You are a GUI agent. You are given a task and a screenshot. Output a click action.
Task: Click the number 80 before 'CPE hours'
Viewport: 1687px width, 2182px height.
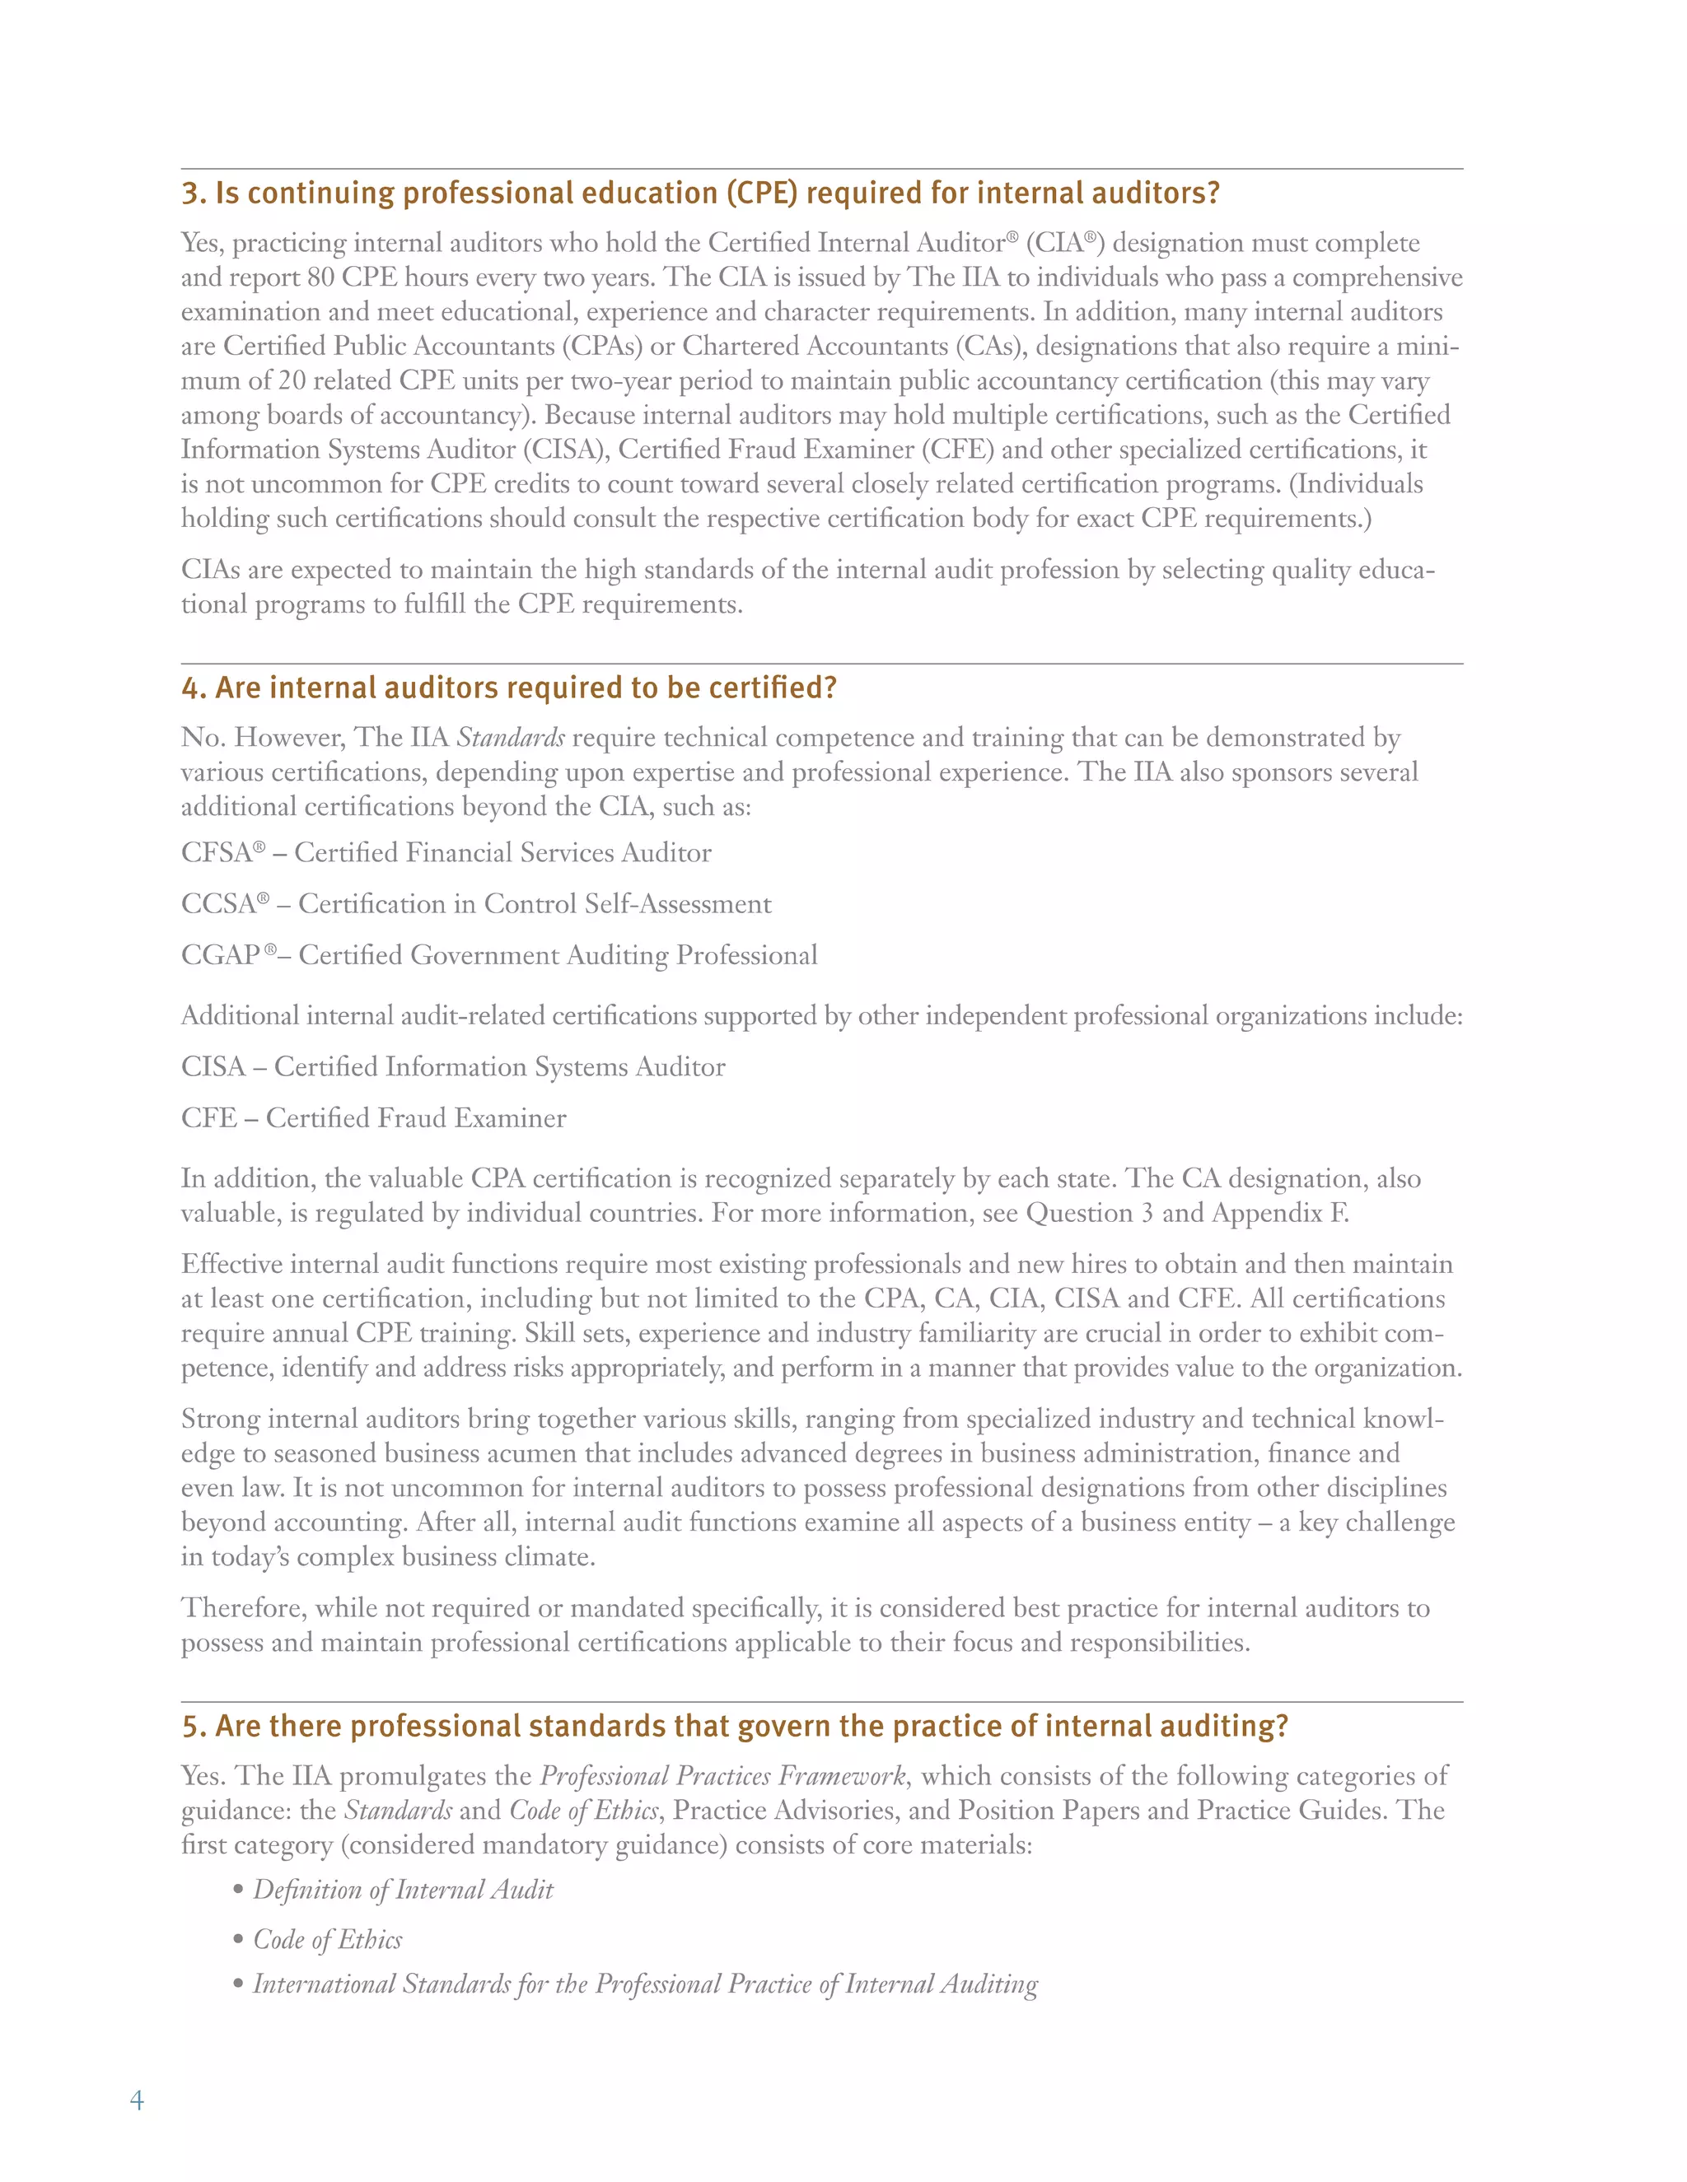320,277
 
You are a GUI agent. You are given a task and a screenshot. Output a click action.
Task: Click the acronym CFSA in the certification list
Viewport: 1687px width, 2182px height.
216,853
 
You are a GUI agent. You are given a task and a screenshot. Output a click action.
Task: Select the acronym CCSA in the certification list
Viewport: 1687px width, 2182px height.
217,904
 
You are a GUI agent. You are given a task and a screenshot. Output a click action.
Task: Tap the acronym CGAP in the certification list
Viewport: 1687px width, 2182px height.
220,955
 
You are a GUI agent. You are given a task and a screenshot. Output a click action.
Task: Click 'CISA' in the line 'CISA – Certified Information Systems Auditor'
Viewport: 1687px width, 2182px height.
213,1067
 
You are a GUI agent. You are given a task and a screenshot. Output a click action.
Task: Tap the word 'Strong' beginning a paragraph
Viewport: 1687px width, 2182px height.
221,1420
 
